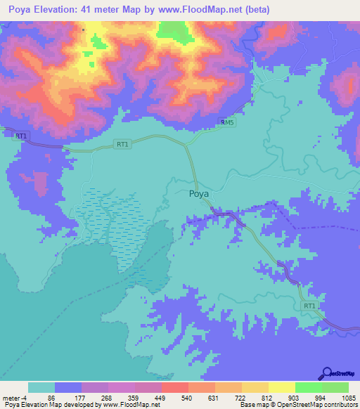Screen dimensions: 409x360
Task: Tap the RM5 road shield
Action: [x=227, y=122]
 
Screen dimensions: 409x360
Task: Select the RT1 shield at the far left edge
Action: [x=21, y=136]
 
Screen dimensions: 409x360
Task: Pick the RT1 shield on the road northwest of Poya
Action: [x=122, y=144]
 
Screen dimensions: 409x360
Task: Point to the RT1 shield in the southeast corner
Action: [x=309, y=306]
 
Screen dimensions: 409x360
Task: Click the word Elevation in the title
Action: [x=57, y=10]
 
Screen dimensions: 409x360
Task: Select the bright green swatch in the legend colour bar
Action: [x=308, y=387]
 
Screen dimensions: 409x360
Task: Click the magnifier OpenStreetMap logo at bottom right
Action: [x=327, y=373]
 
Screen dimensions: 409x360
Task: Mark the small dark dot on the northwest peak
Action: [x=84, y=30]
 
